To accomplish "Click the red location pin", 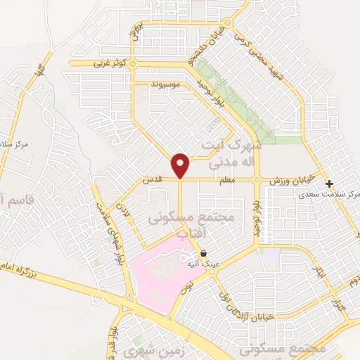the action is (x=181, y=166).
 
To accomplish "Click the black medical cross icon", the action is (x=329, y=183).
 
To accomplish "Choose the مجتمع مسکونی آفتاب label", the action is (x=189, y=224).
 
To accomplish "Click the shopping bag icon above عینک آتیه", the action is (x=203, y=253).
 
